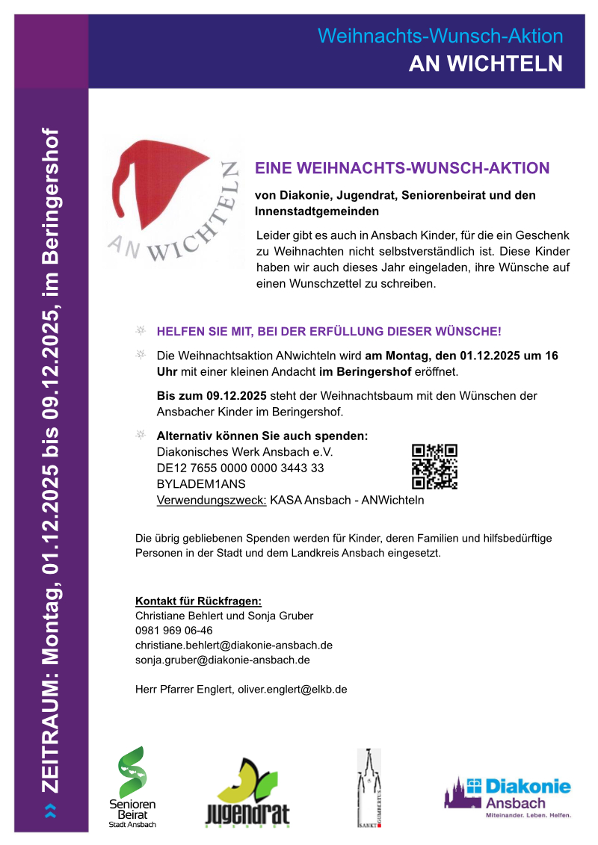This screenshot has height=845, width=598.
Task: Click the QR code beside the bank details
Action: pos(434,466)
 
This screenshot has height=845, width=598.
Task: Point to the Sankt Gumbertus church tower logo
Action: pos(369,788)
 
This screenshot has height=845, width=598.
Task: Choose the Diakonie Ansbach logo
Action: pos(508,793)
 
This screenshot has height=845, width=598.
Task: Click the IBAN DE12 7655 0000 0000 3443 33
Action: pos(240,468)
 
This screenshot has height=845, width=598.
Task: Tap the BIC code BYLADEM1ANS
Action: pos(195,484)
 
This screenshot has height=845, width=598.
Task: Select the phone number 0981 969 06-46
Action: pos(173,631)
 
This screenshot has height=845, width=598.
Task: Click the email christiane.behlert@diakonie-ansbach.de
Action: pos(234,646)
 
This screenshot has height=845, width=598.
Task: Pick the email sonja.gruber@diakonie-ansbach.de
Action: pos(222,660)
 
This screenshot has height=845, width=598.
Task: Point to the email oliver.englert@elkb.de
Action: pos(292,689)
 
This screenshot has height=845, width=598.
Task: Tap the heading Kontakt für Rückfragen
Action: pos(198,601)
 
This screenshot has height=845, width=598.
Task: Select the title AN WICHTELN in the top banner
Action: pos(485,64)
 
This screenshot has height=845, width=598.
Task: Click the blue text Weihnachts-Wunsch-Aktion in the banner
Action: pos(440,35)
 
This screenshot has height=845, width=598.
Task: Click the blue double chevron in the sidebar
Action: pos(50,810)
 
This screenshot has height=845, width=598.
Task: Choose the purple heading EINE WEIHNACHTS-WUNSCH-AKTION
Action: pos(402,168)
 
